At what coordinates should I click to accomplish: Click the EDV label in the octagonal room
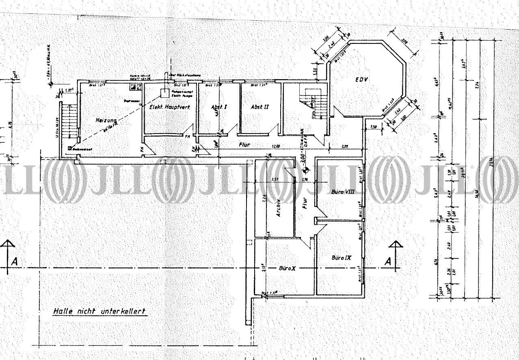point(361,80)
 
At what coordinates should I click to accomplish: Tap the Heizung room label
point(106,121)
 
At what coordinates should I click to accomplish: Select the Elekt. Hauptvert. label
point(168,107)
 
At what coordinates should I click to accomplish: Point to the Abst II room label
point(259,107)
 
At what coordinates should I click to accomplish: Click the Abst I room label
point(218,107)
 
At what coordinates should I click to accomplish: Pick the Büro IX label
point(341,257)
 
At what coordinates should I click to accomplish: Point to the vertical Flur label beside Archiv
point(305,203)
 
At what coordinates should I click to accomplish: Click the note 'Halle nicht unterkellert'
point(99,312)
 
